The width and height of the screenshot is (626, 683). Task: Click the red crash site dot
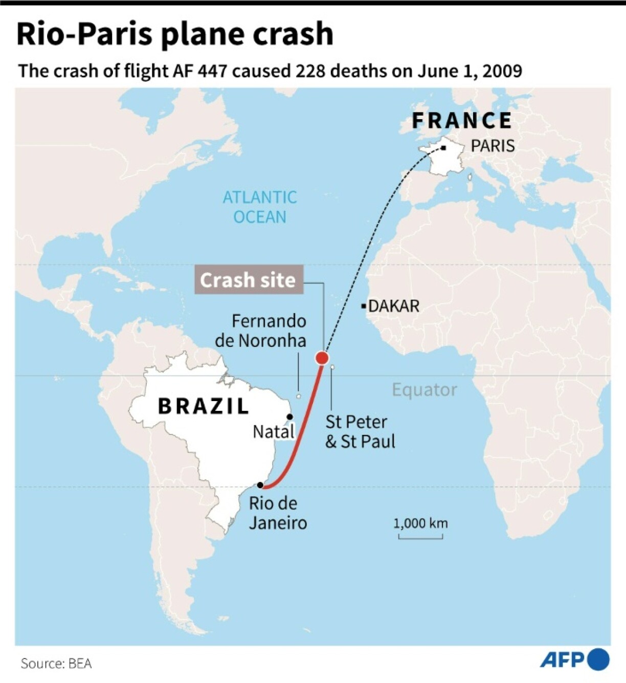click(x=322, y=357)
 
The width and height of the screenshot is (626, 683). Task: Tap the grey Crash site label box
click(x=248, y=280)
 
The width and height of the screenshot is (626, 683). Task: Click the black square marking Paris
click(x=443, y=148)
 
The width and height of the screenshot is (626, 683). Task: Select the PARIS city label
click(x=493, y=146)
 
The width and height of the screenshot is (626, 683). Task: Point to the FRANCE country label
click(x=462, y=121)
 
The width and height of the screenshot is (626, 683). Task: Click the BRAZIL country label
click(x=204, y=406)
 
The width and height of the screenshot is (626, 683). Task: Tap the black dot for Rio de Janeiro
click(x=260, y=484)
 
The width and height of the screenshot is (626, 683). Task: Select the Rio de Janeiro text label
click(x=278, y=513)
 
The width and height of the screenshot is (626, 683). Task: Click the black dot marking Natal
click(x=289, y=416)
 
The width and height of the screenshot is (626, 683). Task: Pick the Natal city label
click(x=274, y=432)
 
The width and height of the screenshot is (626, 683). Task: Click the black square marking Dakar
click(x=364, y=306)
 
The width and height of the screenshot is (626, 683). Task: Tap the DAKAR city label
click(x=394, y=306)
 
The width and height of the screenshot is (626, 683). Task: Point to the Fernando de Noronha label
click(x=261, y=331)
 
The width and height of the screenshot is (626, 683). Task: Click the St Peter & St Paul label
click(x=360, y=431)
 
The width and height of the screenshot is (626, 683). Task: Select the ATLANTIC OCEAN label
click(x=260, y=207)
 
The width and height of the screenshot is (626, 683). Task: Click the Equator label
click(x=424, y=390)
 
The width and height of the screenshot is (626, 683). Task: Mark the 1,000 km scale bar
click(x=420, y=536)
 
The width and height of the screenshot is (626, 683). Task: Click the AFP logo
click(x=574, y=659)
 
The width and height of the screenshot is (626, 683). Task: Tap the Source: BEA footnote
click(x=56, y=664)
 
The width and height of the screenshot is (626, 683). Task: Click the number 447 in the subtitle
click(x=210, y=71)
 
